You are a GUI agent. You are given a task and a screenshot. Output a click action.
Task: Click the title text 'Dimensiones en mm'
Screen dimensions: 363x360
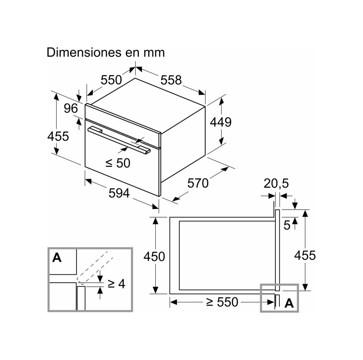pos(105,52)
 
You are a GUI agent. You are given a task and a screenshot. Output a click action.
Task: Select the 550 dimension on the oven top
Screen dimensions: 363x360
pos(111,80)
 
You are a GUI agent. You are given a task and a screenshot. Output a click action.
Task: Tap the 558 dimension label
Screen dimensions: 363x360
pos(171,80)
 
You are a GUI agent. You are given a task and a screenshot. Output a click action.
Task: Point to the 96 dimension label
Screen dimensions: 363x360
pos(71,108)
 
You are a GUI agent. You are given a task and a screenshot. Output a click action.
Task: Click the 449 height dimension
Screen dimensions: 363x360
pos(221,122)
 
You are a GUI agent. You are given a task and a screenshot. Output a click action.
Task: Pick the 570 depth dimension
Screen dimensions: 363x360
pos(198,183)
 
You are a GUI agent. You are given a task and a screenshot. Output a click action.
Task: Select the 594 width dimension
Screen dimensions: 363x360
pos(119,193)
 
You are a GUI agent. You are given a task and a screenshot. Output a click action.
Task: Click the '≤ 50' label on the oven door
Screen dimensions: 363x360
pos(118,163)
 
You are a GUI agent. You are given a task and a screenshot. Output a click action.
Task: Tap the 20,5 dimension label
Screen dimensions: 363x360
pos(276,183)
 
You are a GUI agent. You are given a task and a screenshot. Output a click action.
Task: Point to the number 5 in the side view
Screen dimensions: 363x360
pos(287,225)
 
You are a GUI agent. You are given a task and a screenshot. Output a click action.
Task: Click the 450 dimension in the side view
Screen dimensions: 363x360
pos(154,256)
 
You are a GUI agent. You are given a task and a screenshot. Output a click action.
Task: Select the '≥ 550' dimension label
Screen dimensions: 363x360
pos(222,302)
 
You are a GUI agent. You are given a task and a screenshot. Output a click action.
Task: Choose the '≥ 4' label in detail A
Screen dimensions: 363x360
pos(116,284)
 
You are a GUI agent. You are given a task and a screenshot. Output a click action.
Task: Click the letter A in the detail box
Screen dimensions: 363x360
pos(57,257)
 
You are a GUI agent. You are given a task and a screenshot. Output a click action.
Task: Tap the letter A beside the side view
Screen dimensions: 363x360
pos(289,303)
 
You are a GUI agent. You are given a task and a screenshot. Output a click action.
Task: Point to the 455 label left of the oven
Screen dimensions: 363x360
pos(58,136)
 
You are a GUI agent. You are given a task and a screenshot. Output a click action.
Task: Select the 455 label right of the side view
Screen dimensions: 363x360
pos(305,256)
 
